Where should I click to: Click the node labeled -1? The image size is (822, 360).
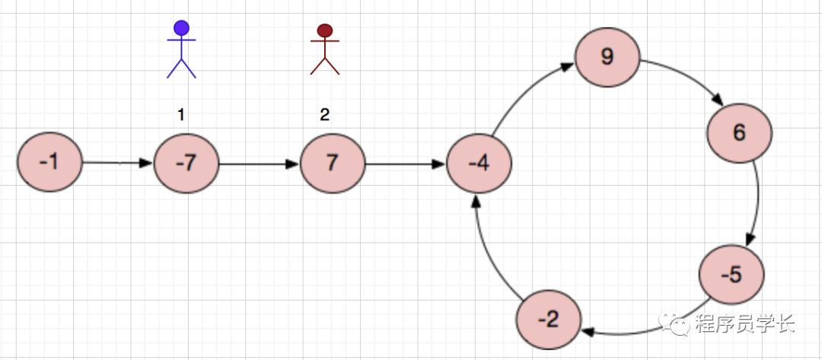point(49,162)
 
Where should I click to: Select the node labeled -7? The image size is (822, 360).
point(186,164)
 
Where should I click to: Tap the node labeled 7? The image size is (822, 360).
point(333,164)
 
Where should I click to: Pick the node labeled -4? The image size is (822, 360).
point(478,164)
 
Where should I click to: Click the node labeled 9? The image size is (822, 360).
point(607,58)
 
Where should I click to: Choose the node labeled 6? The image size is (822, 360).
point(739,132)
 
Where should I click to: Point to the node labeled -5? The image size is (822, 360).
point(731,275)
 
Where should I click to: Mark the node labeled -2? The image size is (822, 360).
point(548,320)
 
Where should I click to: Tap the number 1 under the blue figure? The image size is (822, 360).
point(181,115)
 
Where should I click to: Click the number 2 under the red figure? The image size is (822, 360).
point(325,115)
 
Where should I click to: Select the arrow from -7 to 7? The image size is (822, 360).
point(259,164)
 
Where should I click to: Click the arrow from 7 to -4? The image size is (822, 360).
point(405,164)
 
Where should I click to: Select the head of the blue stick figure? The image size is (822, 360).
point(181,28)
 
